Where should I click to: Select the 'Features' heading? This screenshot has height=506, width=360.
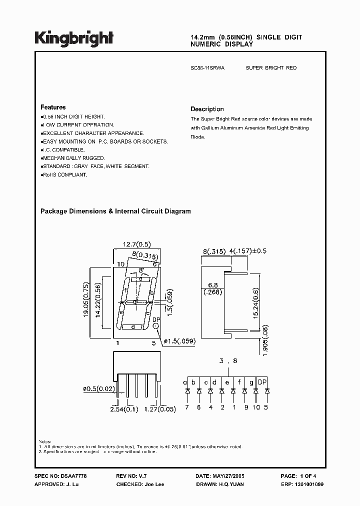53,107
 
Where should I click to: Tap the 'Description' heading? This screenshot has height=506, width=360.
207,109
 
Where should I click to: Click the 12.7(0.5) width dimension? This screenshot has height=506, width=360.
136,244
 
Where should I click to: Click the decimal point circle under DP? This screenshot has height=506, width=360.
156,326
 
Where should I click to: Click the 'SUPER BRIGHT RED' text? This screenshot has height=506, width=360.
271,67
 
